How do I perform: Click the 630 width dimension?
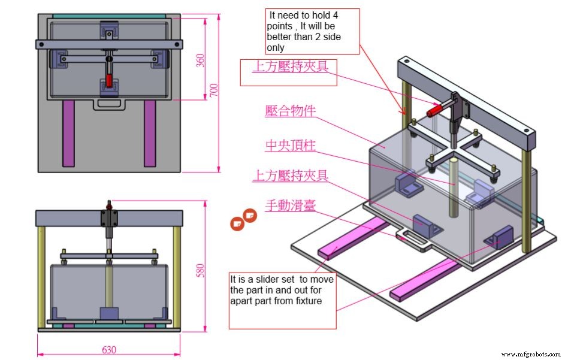click(x=108, y=349)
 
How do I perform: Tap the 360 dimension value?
click(x=200, y=60)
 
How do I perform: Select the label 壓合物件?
click(x=290, y=111)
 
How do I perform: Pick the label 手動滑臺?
click(x=290, y=205)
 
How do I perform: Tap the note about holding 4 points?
click(x=312, y=31)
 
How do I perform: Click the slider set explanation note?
click(x=282, y=291)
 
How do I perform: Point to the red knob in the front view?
click(x=108, y=207)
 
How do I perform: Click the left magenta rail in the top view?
click(x=68, y=132)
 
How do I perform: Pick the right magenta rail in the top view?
click(x=150, y=132)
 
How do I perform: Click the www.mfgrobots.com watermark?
click(x=531, y=354)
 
